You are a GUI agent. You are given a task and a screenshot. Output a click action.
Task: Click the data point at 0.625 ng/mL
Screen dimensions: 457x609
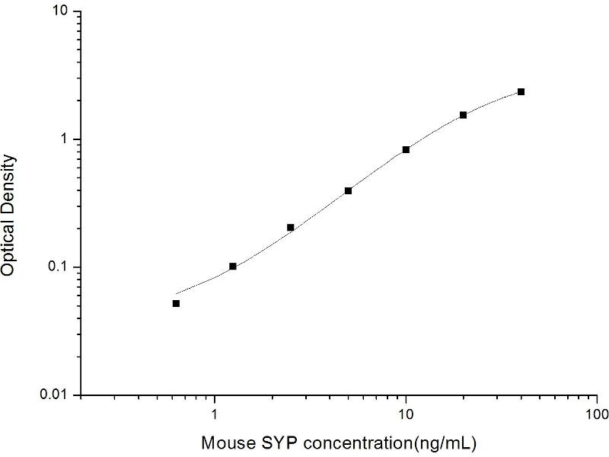[x=176, y=303]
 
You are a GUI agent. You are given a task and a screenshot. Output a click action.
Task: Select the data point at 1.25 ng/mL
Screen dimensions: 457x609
[x=233, y=266]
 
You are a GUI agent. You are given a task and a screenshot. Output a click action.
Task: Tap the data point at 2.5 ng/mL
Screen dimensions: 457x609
[x=291, y=228]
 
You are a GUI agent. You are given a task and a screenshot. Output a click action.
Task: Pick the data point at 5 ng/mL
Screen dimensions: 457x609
[x=348, y=190]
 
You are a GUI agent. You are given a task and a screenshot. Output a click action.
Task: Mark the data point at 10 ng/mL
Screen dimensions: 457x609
[x=407, y=149]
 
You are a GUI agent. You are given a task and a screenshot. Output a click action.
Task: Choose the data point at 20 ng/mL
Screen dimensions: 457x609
[x=463, y=115]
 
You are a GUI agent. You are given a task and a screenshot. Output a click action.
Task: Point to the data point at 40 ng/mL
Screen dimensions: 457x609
[x=521, y=91]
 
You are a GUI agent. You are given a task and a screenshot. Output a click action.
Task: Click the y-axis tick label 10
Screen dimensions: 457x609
[x=60, y=12]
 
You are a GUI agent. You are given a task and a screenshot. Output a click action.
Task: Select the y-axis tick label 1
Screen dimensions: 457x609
[x=65, y=139]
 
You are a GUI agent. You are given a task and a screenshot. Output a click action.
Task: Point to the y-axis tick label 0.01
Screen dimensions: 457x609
[x=55, y=395]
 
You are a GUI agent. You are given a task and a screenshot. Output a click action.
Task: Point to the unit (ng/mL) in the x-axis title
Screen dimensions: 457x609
[x=451, y=443]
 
